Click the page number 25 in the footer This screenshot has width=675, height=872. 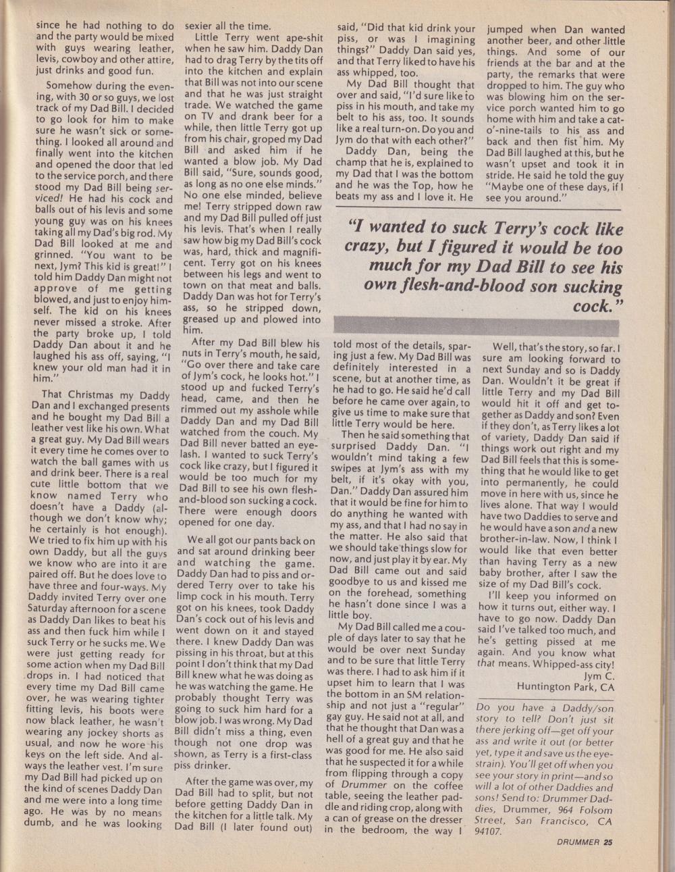(x=608, y=842)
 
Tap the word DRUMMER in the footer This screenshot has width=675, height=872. (x=580, y=842)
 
